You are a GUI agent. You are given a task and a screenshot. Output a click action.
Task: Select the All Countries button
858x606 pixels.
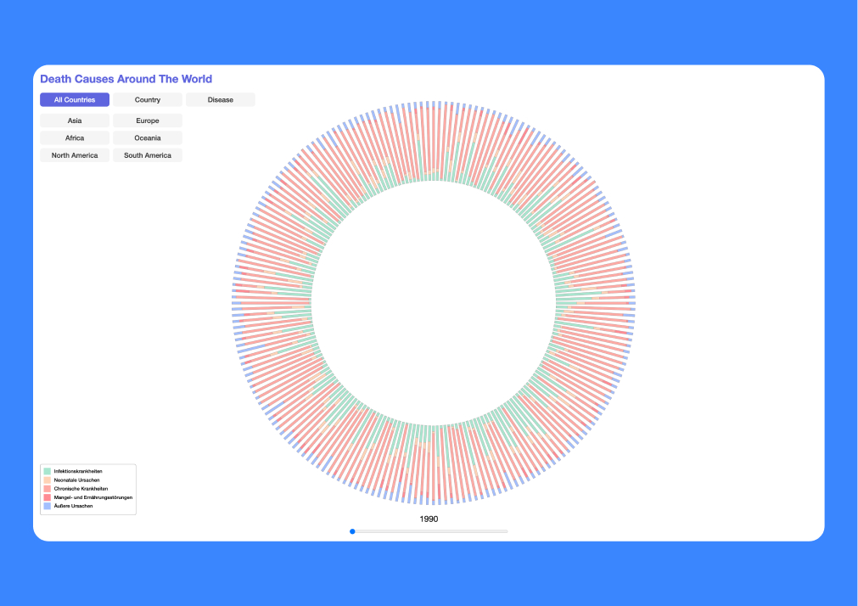click(x=75, y=100)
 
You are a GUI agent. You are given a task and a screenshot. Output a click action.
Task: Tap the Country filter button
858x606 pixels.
click(x=148, y=100)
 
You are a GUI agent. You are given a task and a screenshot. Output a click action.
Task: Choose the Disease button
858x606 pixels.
click(x=221, y=100)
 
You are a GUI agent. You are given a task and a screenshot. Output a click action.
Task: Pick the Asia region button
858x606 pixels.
click(x=75, y=121)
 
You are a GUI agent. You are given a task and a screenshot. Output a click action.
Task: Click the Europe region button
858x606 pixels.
click(x=148, y=121)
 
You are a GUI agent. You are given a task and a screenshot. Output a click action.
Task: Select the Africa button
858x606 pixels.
click(x=75, y=137)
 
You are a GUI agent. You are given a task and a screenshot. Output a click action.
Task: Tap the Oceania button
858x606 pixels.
click(x=148, y=137)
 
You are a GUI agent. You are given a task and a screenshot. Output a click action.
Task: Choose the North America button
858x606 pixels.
click(x=75, y=155)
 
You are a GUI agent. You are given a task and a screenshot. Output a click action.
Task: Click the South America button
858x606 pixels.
click(x=148, y=155)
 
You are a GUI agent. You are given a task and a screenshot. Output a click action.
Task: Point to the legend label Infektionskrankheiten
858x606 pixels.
click(x=78, y=471)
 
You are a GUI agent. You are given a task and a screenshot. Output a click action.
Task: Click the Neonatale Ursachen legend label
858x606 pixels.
click(x=76, y=480)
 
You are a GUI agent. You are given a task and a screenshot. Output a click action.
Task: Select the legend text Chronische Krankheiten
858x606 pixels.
click(x=81, y=489)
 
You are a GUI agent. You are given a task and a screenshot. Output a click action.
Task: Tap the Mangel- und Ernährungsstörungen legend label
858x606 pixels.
click(x=93, y=497)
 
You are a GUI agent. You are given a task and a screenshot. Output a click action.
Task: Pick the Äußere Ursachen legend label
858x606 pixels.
click(x=73, y=506)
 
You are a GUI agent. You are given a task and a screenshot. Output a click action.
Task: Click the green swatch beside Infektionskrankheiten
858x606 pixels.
click(x=47, y=471)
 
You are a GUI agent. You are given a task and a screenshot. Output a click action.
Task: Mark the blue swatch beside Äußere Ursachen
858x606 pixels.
click(x=47, y=506)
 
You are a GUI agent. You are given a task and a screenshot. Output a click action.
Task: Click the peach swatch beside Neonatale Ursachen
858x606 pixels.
click(x=47, y=480)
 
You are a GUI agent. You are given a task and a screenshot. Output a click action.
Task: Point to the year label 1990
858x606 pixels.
click(x=429, y=519)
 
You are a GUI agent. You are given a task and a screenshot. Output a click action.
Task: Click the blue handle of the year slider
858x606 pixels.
click(x=352, y=531)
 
